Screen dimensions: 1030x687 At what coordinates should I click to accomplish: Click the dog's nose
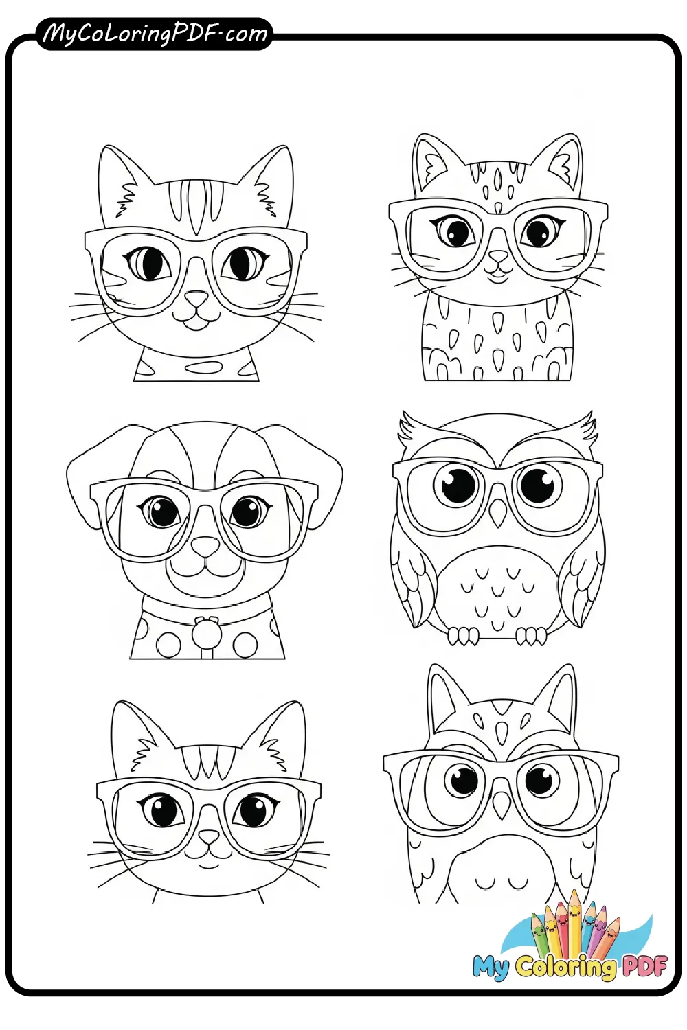click(x=205, y=547)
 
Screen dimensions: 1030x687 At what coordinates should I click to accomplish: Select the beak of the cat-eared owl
click(x=502, y=802)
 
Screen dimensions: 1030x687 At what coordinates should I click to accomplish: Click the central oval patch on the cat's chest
click(x=204, y=367)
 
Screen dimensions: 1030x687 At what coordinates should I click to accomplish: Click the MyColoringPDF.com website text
click(x=155, y=33)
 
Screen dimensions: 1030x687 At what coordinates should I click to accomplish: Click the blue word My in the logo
click(x=491, y=967)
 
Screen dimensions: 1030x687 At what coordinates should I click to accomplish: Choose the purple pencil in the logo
click(x=599, y=927)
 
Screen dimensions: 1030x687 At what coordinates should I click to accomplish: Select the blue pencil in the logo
click(x=588, y=924)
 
